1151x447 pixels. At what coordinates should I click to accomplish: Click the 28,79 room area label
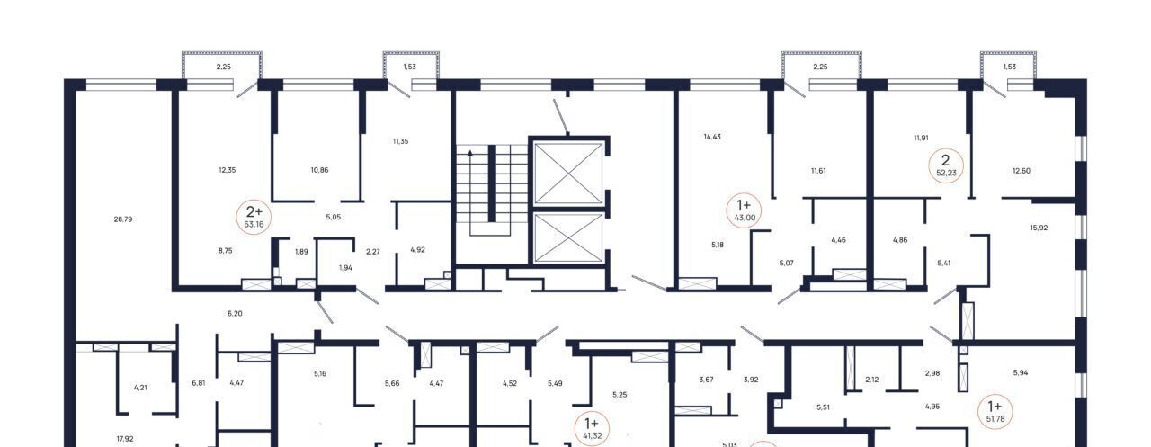pos(123,219)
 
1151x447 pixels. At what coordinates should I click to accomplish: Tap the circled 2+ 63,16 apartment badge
pos(254,217)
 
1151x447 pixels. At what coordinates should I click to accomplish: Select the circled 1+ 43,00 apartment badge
pos(744,210)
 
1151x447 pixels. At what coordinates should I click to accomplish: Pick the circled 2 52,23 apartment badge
pos(945,166)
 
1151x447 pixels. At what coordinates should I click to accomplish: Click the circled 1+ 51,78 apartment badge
pos(995,412)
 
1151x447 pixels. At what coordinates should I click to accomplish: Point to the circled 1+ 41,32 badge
pos(592,429)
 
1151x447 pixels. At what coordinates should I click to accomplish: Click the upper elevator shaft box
pos(568,174)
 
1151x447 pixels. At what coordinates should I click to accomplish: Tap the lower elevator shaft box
pos(568,237)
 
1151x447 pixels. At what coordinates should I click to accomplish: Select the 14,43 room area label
pos(712,137)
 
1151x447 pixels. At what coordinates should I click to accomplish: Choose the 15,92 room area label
pos(1039,228)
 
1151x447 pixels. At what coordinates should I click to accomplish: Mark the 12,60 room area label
pos(1021,171)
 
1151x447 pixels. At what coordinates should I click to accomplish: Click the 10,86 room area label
pos(319,170)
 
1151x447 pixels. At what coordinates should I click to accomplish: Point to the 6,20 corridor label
pos(235,313)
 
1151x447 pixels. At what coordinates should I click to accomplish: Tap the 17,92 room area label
pos(125,439)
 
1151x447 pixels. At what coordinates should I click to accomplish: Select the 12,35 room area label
pos(228,170)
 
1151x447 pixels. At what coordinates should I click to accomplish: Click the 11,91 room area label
pos(921,138)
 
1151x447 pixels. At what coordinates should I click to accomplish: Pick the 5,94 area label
pos(1021,373)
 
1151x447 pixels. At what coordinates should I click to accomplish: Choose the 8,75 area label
pos(225,251)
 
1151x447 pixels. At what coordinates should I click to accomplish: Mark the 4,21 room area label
pos(140,388)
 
